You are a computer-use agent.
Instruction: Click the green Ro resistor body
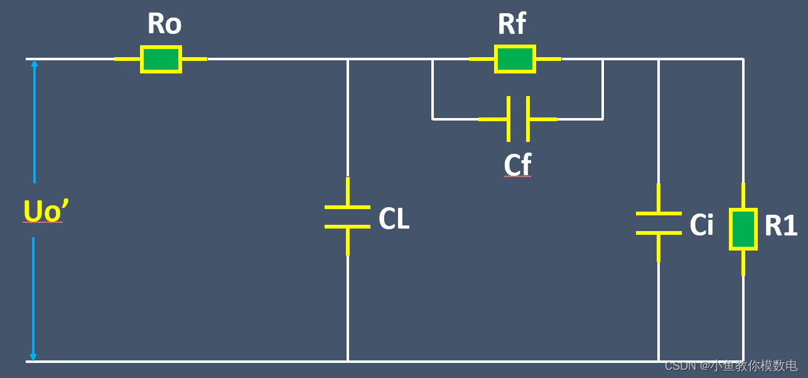(x=161, y=60)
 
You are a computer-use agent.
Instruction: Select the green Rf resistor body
(x=515, y=59)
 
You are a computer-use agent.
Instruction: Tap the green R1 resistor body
(x=743, y=230)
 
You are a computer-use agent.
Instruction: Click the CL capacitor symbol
(x=347, y=217)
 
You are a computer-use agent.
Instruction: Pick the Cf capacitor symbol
(x=518, y=119)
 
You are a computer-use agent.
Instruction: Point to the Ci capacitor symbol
(x=659, y=223)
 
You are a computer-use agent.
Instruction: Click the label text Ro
(x=164, y=24)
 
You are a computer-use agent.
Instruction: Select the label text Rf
(x=512, y=24)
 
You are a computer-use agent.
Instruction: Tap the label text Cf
(x=517, y=165)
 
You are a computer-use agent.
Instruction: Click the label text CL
(x=394, y=219)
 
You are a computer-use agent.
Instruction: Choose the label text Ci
(x=701, y=225)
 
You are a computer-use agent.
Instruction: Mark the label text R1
(x=781, y=226)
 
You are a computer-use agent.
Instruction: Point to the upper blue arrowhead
(x=34, y=63)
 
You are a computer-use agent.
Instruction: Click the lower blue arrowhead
(x=33, y=357)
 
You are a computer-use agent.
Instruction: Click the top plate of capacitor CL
(x=347, y=207)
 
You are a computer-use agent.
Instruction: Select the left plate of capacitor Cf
(x=508, y=119)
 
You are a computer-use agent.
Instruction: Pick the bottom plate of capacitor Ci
(x=659, y=233)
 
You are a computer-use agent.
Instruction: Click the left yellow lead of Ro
(x=127, y=60)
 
